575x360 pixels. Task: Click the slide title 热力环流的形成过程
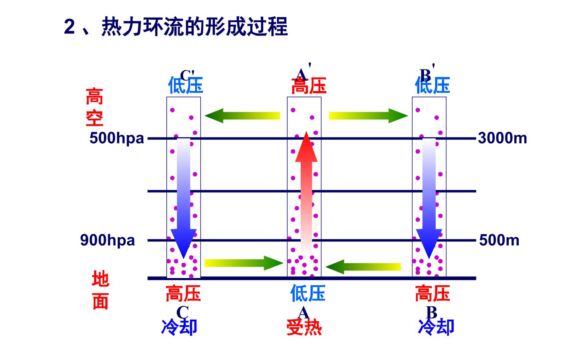[x=194, y=26]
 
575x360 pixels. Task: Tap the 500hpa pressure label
[x=117, y=138]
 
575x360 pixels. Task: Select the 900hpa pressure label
[x=107, y=241]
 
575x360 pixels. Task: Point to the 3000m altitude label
[x=502, y=138]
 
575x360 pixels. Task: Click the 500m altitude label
[x=499, y=241]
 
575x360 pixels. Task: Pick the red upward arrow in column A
[x=306, y=193]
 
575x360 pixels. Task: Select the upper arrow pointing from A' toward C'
[x=242, y=116]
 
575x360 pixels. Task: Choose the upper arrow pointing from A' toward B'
[x=368, y=116]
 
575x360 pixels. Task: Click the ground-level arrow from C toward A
[x=244, y=263]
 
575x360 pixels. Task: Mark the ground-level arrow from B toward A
[x=363, y=267]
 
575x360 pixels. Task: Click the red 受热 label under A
[x=304, y=327]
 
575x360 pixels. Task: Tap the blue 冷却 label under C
[x=179, y=327]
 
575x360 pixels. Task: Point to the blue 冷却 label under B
[x=436, y=327]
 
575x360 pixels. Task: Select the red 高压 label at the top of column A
[x=309, y=86]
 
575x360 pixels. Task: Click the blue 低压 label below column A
[x=308, y=293]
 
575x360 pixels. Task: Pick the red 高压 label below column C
[x=183, y=293]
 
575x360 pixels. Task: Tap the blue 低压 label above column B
[x=432, y=85]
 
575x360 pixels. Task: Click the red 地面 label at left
[x=100, y=290]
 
